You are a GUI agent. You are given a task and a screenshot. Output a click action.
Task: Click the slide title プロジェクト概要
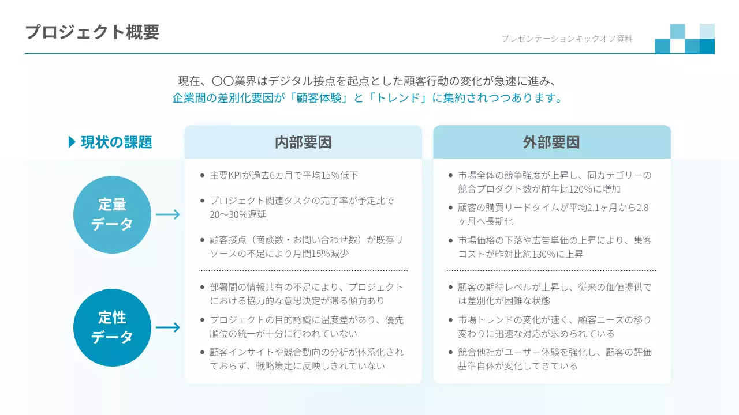point(92,32)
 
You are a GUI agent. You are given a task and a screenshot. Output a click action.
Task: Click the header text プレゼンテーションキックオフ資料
point(567,39)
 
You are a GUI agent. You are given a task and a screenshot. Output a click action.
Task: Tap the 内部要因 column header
point(303,142)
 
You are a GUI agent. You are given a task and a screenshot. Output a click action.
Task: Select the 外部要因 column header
point(551,142)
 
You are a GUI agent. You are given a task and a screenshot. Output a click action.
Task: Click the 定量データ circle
point(112,214)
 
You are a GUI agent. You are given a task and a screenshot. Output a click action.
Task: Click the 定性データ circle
point(112,327)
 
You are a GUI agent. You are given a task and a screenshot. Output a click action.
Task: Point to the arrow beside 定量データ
point(168,214)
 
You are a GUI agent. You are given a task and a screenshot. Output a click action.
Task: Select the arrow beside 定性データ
point(168,327)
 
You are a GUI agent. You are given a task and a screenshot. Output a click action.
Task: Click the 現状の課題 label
point(117,142)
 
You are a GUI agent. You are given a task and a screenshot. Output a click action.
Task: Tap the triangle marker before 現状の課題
point(72,142)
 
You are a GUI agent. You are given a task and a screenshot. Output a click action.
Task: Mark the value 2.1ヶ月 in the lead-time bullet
point(607,207)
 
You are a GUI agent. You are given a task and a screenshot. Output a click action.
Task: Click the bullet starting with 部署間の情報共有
point(306,293)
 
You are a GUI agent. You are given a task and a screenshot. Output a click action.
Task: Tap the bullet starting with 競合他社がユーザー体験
point(554,359)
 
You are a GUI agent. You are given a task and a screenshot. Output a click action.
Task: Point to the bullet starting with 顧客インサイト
point(306,359)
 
